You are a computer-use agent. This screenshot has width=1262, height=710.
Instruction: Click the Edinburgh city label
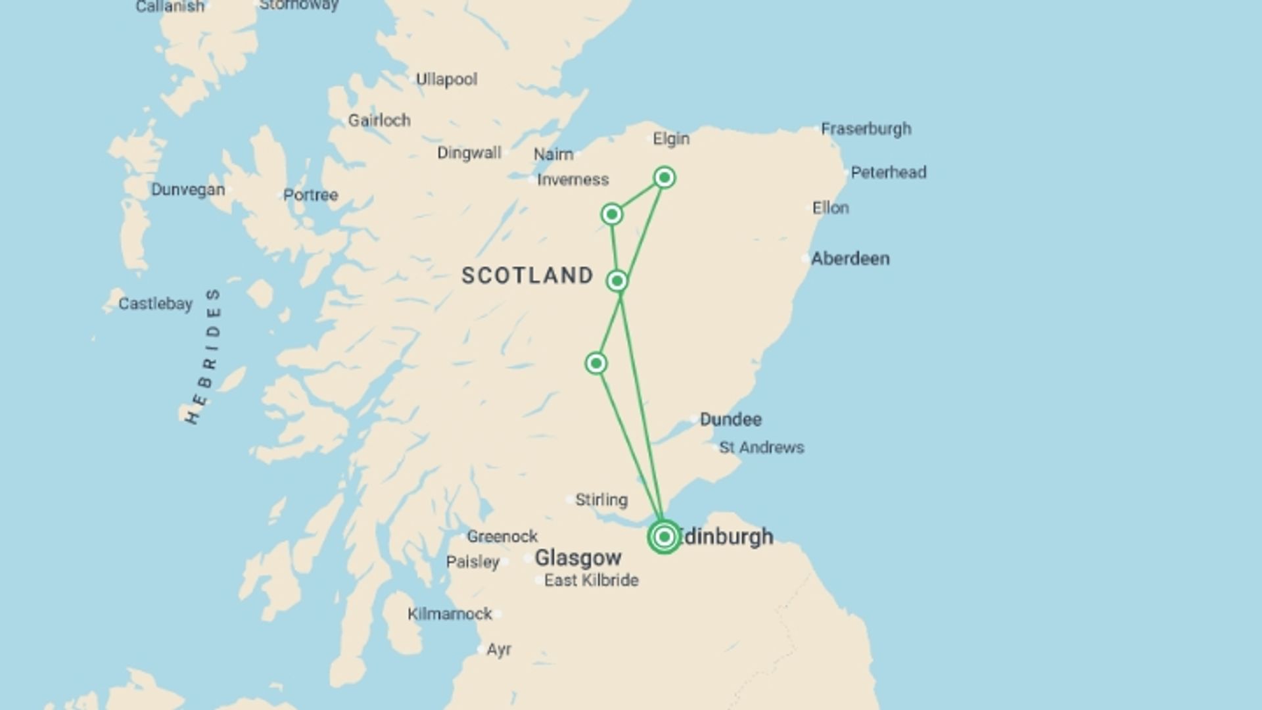726,537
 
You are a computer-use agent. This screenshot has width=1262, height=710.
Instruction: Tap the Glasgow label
578,558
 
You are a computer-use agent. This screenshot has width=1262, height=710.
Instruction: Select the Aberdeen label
850,258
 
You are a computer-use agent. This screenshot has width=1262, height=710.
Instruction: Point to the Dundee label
730,419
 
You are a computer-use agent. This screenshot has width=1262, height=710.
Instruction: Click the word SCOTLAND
528,275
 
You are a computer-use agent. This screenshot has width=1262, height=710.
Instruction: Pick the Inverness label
573,179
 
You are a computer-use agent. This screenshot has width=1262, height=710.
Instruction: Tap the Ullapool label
446,80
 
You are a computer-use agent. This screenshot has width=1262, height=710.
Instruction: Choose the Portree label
310,195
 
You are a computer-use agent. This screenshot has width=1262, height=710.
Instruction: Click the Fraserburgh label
866,129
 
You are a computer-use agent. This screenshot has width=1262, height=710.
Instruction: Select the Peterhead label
888,172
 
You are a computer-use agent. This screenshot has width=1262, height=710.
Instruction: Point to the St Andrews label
761,448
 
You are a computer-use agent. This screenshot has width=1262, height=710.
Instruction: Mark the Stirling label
601,500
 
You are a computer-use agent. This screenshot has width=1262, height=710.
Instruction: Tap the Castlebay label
155,304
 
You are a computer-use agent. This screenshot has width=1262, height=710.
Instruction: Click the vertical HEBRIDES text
204,356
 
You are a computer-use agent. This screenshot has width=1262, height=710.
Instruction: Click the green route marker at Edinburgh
664,537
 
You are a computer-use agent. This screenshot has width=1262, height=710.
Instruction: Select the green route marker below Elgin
665,177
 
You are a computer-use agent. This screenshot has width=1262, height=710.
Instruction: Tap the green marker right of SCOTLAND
617,281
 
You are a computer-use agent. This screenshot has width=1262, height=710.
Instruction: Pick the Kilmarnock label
450,614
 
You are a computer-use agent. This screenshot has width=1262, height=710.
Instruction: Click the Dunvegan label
188,190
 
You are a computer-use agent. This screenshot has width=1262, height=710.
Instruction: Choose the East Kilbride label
591,580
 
